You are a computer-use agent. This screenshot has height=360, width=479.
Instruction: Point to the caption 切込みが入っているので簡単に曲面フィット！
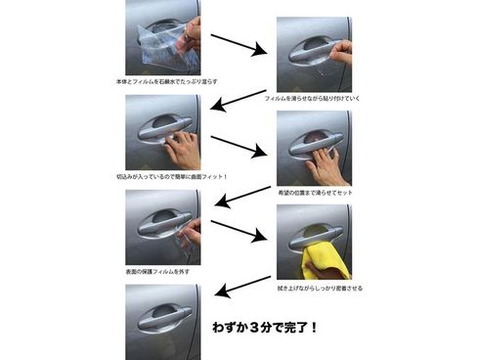pyautogui.click(x=171, y=176)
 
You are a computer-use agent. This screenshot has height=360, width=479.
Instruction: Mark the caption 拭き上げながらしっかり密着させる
pyautogui.click(x=318, y=288)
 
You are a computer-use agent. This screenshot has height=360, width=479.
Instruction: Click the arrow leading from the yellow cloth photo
pyautogui.click(x=239, y=291)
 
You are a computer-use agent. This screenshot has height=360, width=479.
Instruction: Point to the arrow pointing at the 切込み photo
pyautogui.click(x=239, y=101)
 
